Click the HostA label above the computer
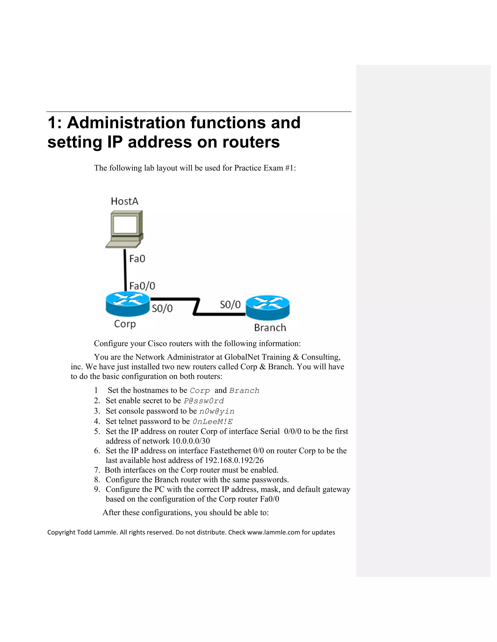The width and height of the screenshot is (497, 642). (x=124, y=201)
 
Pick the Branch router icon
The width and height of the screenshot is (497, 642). (x=268, y=307)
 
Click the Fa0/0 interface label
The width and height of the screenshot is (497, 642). (x=142, y=286)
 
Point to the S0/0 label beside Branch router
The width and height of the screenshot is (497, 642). (x=230, y=305)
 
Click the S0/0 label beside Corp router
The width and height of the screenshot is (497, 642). (x=162, y=308)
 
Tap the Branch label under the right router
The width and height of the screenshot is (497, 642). (x=270, y=328)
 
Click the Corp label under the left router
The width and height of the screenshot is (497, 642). (x=125, y=324)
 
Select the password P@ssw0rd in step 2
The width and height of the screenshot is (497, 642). (x=204, y=401)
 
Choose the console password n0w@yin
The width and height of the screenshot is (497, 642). (x=217, y=411)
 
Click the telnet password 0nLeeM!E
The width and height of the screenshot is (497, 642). (x=213, y=422)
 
